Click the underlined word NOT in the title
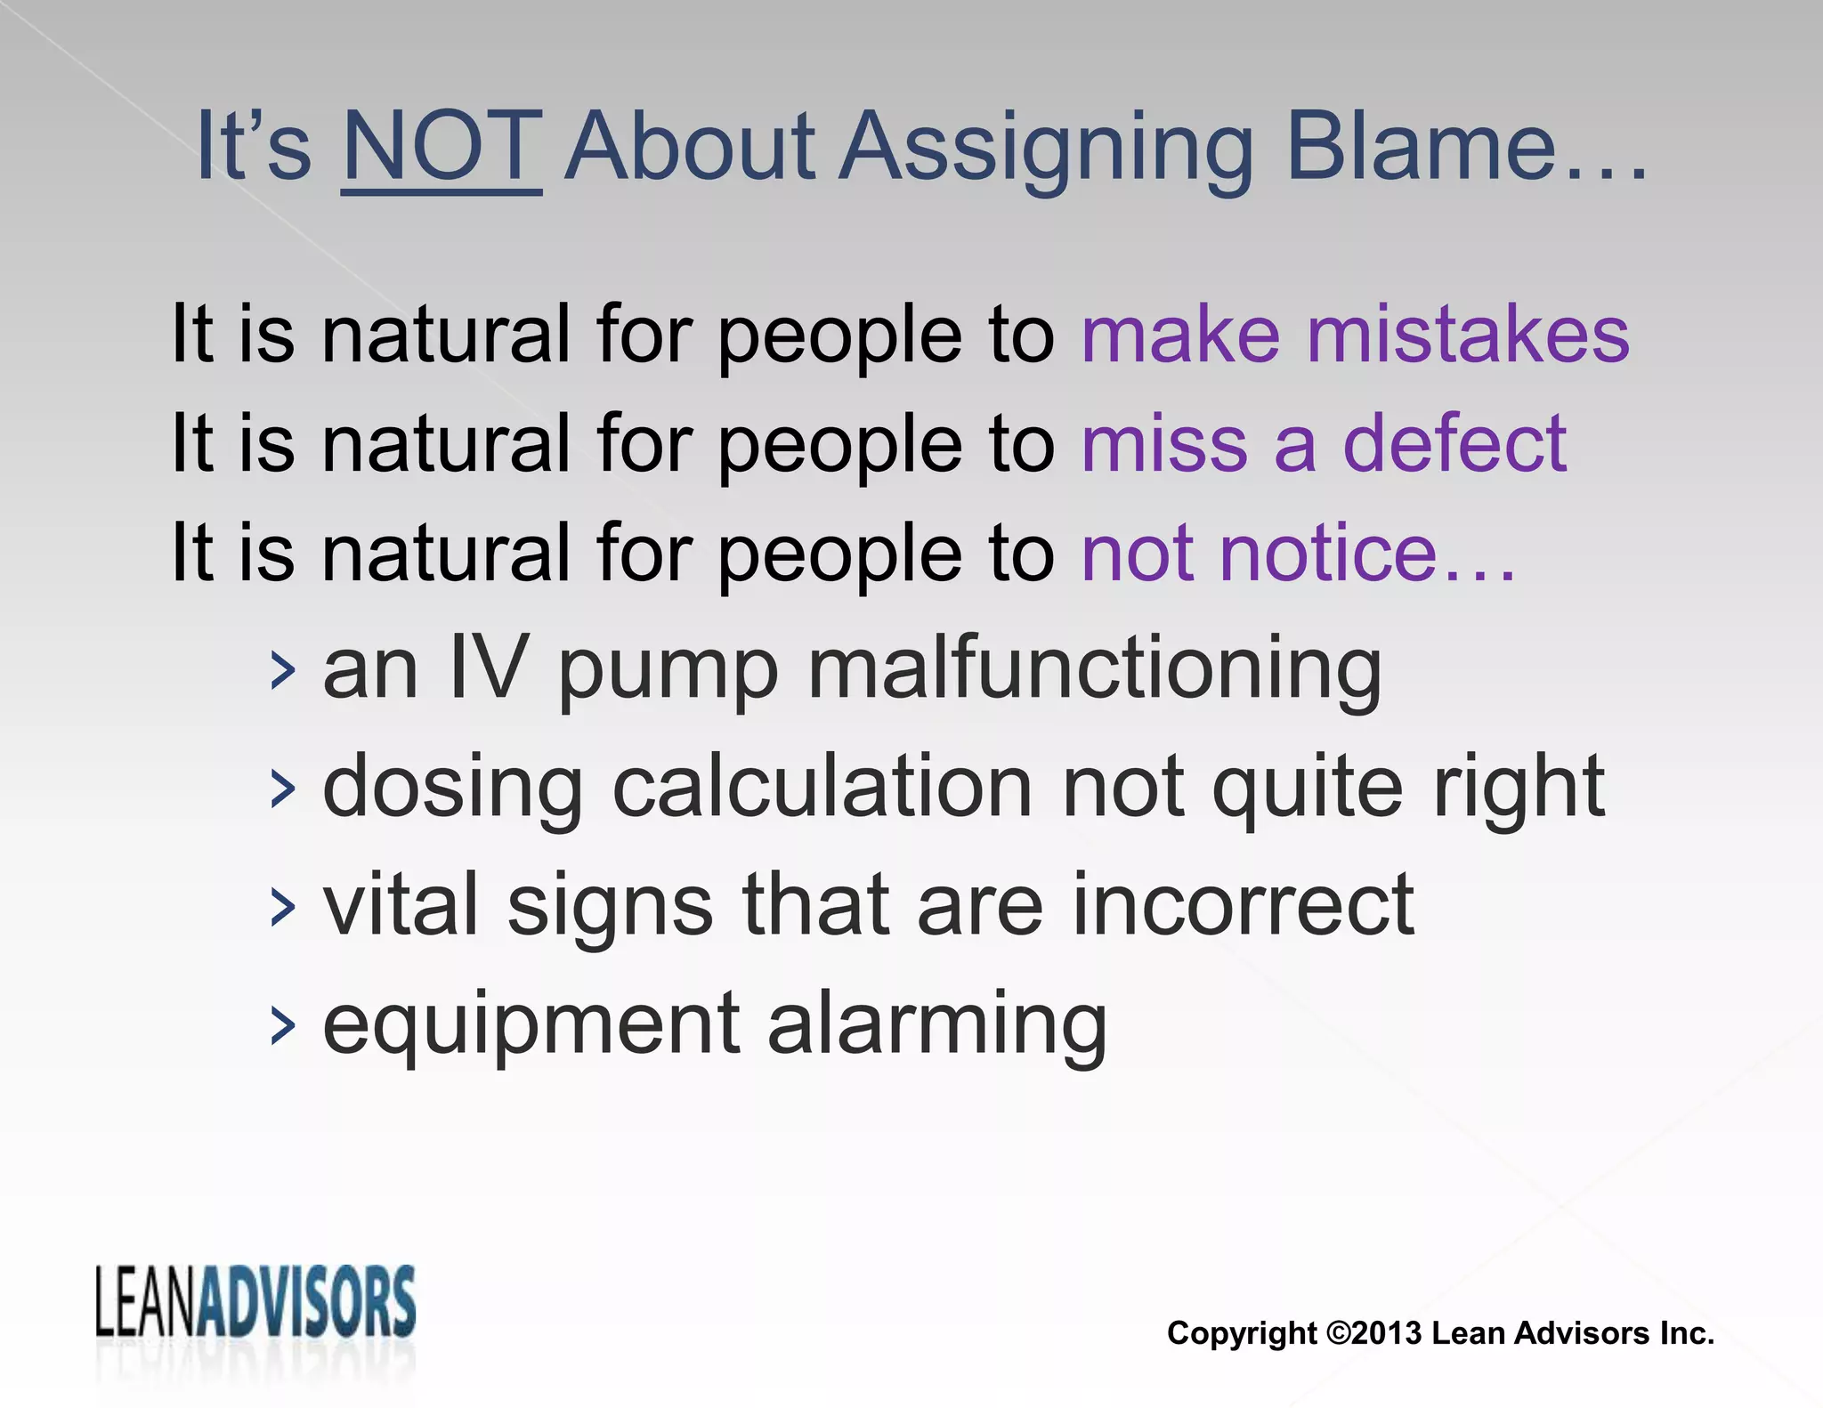442,147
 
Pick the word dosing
452,789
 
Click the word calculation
822,787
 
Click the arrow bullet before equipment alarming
282,1026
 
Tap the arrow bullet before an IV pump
282,671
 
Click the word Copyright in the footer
1242,1333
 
